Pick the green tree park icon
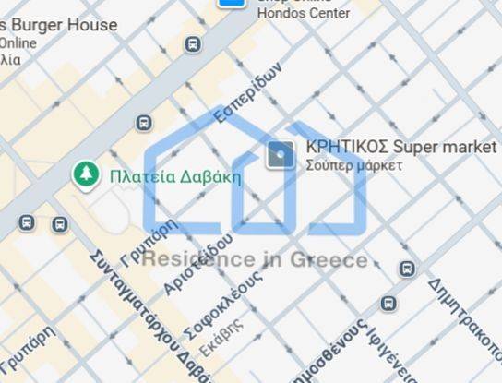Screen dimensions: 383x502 pos(86,174)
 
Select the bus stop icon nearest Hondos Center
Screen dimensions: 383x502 pos(192,44)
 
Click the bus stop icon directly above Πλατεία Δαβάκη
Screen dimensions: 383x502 pos(144,123)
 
